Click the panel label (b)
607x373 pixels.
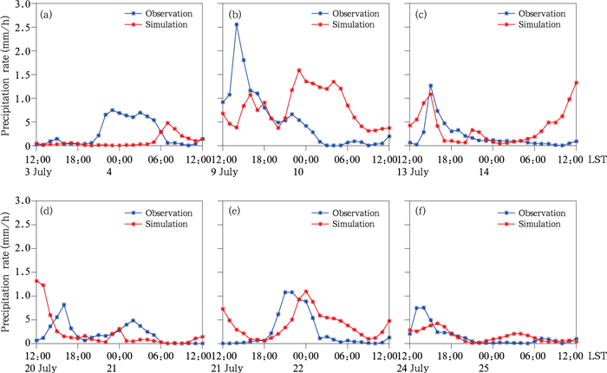tap(232, 16)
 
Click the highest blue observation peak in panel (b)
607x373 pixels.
tap(237, 24)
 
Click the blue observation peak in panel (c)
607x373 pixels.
tap(430, 86)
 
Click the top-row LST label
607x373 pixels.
tap(596, 160)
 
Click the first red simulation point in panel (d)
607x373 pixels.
tap(36, 280)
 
